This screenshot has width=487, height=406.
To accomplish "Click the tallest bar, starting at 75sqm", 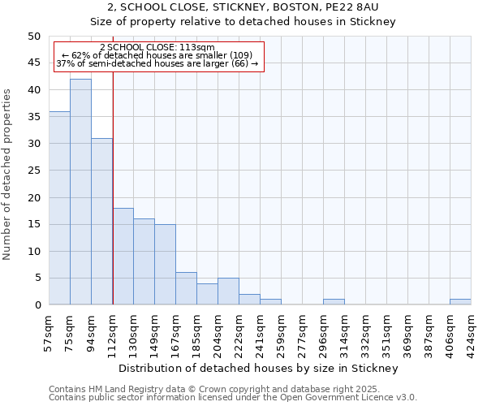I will pos(80,192).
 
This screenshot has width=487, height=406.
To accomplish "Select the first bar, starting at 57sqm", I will pos(59,208).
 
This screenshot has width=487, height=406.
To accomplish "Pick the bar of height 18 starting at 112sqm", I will pos(123,256).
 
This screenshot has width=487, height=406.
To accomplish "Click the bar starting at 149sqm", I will pos(165,264).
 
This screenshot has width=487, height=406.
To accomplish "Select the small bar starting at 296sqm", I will pos(334,302).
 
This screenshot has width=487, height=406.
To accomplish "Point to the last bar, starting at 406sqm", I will pos(460,302).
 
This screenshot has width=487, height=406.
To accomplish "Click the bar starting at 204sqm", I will pos(228,292).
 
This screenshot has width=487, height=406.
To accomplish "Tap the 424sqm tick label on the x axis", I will pos(472,333).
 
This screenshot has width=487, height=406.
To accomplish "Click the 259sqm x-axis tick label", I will pos(282,333).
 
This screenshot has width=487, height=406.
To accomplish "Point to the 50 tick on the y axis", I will pos(33,37).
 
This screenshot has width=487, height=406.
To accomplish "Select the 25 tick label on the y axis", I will pos(33,171).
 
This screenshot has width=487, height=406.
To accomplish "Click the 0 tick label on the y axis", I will pos(37,305).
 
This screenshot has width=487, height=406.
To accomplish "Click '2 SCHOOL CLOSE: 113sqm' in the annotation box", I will pos(157,48).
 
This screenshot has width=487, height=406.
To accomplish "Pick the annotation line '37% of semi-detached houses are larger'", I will pos(157,63).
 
